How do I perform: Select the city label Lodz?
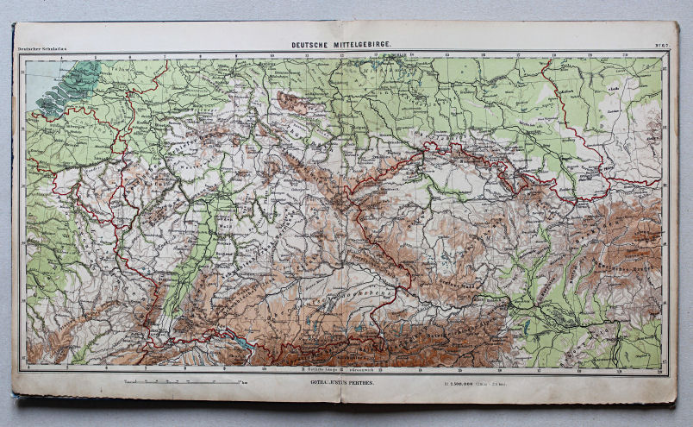639,87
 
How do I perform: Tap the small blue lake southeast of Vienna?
526,328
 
